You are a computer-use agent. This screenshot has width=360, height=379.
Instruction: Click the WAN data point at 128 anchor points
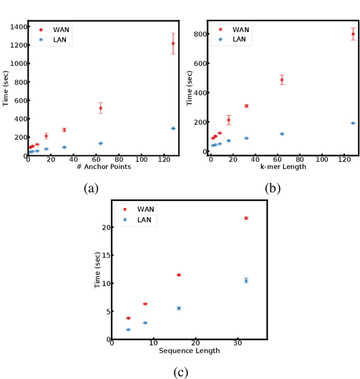pos(173,43)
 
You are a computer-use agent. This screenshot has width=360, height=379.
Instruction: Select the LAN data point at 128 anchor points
pos(173,128)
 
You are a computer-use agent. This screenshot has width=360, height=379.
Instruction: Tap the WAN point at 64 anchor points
pos(101,108)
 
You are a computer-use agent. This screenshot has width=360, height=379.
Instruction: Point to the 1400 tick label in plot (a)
pos(16,27)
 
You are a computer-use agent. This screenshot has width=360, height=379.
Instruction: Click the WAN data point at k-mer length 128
pos(353,34)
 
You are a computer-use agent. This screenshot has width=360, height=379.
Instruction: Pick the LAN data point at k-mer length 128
pos(353,123)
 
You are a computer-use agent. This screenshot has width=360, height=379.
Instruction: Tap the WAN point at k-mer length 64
pos(282,80)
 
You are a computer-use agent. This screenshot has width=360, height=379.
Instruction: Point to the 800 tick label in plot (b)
pos(200,34)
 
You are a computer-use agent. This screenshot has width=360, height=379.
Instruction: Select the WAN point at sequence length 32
pos(246,218)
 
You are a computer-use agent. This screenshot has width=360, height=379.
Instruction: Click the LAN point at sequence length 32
pos(246,280)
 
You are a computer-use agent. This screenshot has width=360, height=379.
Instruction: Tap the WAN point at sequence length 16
pos(179,275)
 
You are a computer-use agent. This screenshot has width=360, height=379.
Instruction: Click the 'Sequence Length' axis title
pos(189,351)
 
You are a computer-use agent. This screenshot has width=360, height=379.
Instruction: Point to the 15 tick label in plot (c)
pos(105,255)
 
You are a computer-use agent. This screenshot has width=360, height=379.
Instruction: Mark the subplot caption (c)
pos(181,372)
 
